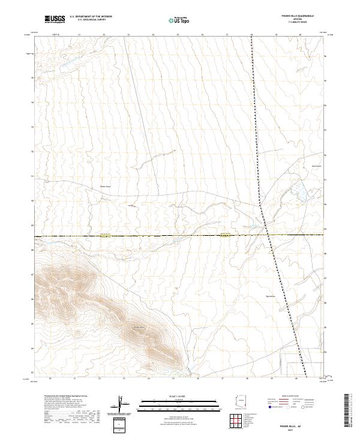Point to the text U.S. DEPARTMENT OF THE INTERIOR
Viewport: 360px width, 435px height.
[x=91, y=17]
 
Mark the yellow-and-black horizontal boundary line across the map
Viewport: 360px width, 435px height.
[x=150, y=236]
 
